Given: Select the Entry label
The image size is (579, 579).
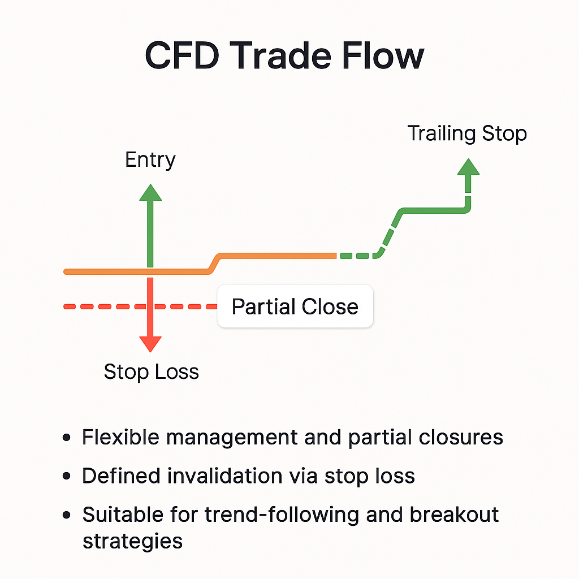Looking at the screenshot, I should click(150, 159).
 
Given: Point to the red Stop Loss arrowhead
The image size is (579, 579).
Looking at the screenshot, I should click(150, 343).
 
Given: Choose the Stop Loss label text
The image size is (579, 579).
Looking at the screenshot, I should click(152, 372).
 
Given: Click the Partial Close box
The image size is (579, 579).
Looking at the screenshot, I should click(295, 306).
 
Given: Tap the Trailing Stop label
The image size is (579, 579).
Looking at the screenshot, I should click(467, 133).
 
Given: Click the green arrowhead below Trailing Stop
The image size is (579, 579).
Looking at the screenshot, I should click(468, 167).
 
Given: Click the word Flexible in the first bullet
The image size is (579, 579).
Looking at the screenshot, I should click(119, 438).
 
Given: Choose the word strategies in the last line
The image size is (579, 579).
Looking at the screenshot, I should click(132, 541).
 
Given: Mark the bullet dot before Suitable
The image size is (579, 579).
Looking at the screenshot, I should click(67, 515).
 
